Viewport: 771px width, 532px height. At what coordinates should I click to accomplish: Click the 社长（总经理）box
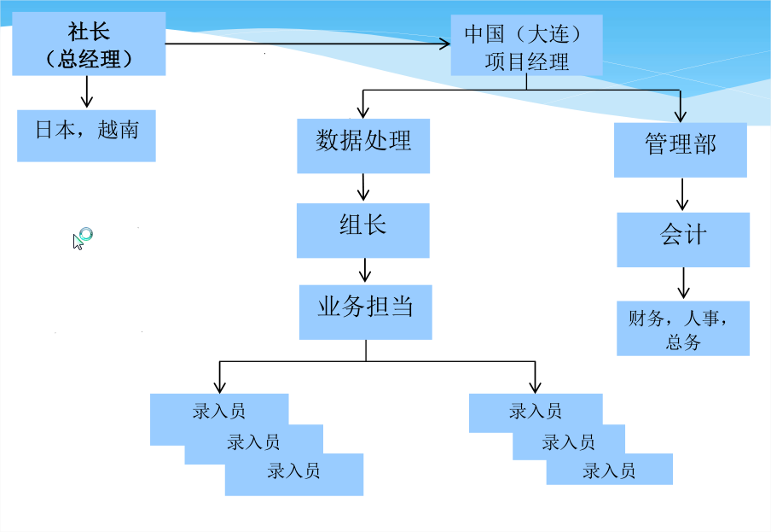[x=89, y=46]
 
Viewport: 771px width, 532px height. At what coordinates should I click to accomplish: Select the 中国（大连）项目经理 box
[x=526, y=46]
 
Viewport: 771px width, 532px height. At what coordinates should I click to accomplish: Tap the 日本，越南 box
[x=86, y=135]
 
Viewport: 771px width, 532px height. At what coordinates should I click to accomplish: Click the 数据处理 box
[x=363, y=145]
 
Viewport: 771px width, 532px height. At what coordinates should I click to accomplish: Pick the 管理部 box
[x=680, y=149]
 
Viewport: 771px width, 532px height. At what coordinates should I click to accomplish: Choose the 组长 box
[x=362, y=230]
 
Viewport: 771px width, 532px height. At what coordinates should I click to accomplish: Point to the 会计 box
[x=683, y=239]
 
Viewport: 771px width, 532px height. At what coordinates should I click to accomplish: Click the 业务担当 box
[x=365, y=312]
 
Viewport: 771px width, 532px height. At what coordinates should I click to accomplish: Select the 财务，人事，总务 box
[x=683, y=328]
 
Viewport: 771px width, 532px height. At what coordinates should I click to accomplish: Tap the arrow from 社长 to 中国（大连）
[x=307, y=43]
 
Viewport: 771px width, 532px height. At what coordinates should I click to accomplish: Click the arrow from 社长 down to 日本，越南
[x=86, y=91]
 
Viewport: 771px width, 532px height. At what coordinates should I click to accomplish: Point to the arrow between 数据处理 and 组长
[x=364, y=188]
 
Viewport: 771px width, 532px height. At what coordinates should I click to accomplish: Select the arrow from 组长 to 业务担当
[x=365, y=270]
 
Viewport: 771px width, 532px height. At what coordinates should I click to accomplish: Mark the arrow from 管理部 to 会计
[x=681, y=195]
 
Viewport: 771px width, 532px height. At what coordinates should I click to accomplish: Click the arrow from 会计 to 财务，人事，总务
[x=682, y=283]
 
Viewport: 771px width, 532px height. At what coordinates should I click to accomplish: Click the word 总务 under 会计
[x=682, y=342]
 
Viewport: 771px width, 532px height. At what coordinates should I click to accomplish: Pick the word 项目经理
[x=526, y=61]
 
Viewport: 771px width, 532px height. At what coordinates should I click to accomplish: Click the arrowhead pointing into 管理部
[x=680, y=114]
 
